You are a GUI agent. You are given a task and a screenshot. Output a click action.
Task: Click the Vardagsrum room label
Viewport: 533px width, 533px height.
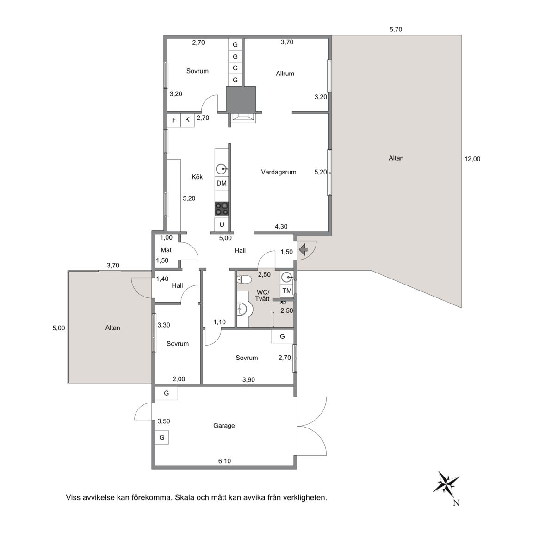279,172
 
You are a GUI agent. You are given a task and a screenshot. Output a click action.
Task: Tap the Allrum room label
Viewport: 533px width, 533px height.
285,74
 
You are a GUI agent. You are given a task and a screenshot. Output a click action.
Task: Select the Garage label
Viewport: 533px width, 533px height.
224,426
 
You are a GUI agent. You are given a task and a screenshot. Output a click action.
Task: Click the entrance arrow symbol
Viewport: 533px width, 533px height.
303,250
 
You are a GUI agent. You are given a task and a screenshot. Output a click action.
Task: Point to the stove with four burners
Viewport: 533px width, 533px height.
222,209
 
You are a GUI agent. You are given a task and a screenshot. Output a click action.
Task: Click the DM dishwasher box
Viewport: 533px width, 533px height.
222,183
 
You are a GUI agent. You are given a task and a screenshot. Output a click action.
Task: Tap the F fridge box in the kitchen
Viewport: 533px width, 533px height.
174,120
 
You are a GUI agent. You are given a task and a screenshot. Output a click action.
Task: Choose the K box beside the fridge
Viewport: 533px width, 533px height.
187,120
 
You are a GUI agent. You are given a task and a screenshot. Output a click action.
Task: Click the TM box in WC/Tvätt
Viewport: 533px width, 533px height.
287,291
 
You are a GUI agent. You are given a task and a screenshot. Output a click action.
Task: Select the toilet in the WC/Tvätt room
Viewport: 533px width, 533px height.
244,279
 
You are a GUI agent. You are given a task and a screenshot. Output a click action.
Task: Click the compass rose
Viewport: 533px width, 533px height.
446,482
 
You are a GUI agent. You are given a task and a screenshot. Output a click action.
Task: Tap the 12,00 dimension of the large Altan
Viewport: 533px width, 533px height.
472,159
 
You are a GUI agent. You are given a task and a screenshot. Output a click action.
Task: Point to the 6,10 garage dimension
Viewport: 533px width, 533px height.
224,461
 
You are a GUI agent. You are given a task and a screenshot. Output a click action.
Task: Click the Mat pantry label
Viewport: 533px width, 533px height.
166,250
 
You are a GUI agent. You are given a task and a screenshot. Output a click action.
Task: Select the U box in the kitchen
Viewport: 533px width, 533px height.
222,225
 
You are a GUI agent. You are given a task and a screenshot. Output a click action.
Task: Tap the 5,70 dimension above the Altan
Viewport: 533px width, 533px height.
396,30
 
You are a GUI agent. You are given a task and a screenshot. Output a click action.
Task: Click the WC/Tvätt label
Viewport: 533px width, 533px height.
263,295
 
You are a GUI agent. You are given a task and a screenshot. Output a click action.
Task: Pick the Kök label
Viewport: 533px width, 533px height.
197,177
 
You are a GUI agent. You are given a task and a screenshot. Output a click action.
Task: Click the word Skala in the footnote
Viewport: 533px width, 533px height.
185,498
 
